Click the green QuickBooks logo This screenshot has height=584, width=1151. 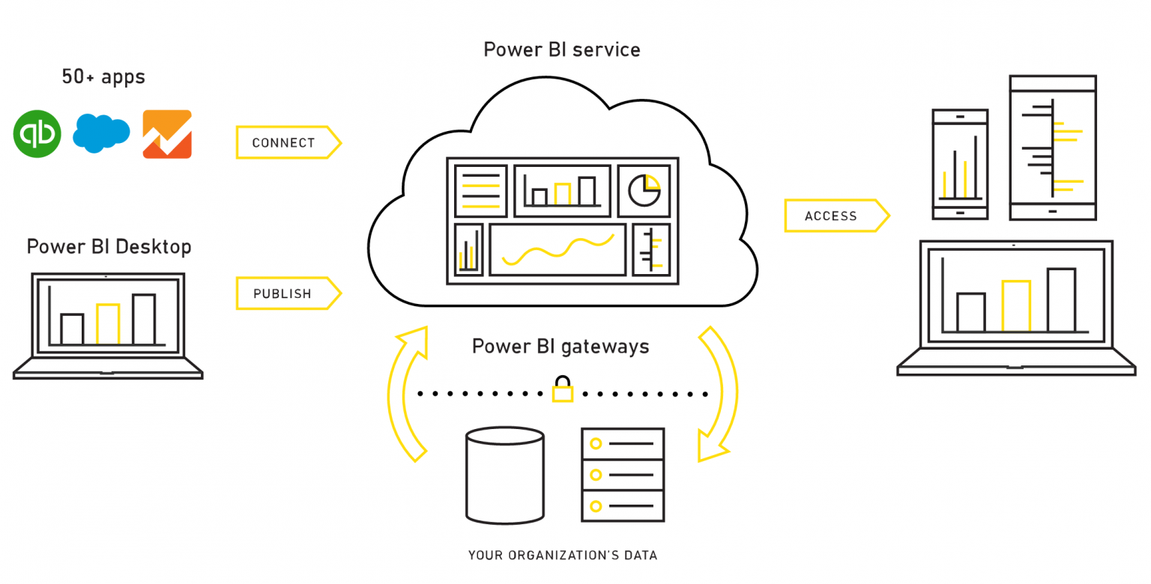(37, 134)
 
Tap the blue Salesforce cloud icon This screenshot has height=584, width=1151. (101, 133)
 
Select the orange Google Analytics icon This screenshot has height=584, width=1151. (167, 134)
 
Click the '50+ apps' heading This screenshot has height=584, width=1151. (103, 76)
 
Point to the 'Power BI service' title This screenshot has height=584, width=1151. (561, 49)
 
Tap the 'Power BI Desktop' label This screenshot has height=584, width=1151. (109, 246)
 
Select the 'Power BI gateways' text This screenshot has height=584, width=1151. (561, 346)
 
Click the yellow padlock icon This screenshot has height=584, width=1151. (562, 390)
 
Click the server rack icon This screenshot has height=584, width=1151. (623, 474)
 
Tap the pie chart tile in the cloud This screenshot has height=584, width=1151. (644, 190)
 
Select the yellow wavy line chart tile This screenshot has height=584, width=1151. (558, 249)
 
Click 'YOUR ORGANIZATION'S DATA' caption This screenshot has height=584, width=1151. (562, 556)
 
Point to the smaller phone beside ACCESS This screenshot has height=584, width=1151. (960, 165)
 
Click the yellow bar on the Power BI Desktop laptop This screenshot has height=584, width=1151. (108, 324)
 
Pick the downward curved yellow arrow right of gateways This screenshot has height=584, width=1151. (716, 393)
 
